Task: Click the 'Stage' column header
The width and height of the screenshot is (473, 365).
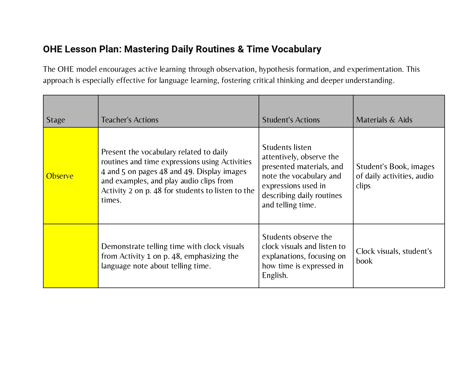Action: (x=56, y=120)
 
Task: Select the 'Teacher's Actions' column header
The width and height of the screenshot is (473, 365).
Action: (x=130, y=120)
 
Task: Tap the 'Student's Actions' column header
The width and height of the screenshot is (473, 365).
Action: (x=291, y=120)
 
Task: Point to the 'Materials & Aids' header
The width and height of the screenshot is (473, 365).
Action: (x=384, y=120)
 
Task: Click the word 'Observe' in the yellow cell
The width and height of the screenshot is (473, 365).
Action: (x=60, y=176)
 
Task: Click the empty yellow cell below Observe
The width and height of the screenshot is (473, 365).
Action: (x=71, y=256)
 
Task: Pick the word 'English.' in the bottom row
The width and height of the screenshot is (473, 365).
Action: (x=275, y=275)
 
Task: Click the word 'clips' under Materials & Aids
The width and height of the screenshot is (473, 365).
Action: (x=363, y=186)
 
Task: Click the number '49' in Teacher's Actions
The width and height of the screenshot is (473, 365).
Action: (x=188, y=171)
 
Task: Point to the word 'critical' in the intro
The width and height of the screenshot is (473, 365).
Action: (x=263, y=80)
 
